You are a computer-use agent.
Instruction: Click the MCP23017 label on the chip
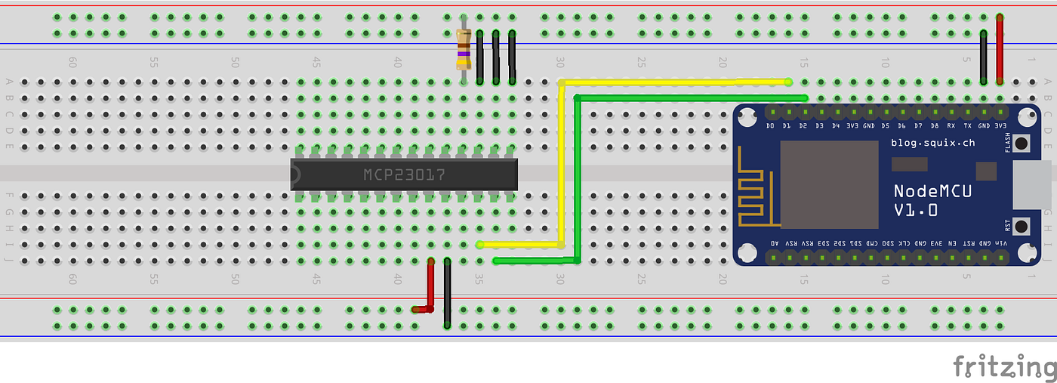point(404,175)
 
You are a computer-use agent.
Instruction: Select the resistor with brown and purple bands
point(464,49)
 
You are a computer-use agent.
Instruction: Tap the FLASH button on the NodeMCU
point(1022,143)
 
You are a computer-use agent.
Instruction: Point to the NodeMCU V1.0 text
point(932,201)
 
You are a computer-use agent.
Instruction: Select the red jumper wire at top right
point(1000,49)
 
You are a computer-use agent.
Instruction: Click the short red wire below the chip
point(430,287)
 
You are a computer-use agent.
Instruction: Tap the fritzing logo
point(1003,366)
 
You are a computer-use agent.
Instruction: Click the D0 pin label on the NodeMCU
point(770,125)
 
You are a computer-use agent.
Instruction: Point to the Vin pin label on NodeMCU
point(1001,242)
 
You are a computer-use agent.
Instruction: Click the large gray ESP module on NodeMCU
point(829,184)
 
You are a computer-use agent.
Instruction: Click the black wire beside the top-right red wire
point(983,57)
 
